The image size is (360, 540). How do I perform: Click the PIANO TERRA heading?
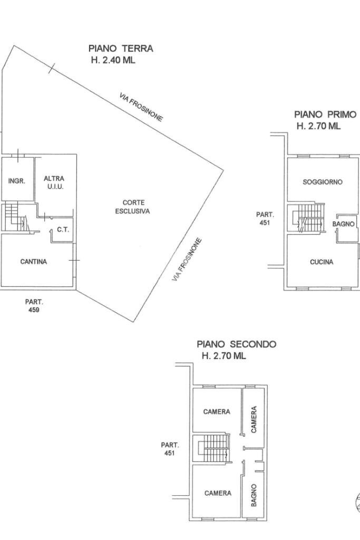point(121,49)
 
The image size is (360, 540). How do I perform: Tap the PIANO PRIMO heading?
point(325,114)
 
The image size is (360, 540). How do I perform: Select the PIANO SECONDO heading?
point(236,344)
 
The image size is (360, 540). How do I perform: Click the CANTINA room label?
point(33,262)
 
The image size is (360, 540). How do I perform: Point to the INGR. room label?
point(17,181)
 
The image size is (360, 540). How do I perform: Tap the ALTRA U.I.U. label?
point(54,183)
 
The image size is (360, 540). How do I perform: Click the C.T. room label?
point(63,229)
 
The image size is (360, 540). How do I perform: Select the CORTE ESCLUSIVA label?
point(133,207)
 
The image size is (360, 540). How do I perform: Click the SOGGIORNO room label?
point(322,182)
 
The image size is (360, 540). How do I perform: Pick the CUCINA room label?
point(322,262)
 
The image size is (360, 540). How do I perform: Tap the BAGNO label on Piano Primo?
point(343,224)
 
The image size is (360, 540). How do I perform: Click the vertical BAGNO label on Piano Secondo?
point(254,495)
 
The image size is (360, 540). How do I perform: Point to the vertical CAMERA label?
point(254,419)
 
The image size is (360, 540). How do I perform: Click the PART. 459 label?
point(34,306)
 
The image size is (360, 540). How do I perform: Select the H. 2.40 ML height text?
point(113,60)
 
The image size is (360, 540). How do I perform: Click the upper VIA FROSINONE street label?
point(141,107)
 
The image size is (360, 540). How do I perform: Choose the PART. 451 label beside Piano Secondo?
point(169,449)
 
